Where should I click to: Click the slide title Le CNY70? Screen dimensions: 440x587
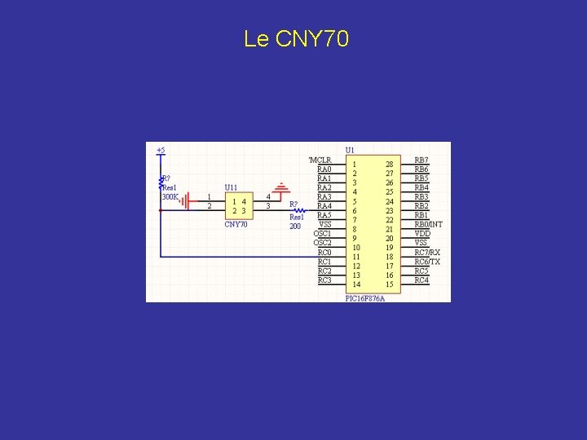(x=296, y=39)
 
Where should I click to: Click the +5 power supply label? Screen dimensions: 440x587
(x=161, y=150)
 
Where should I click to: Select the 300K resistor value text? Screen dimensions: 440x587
(x=170, y=197)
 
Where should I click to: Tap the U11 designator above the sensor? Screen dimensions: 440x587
(x=232, y=187)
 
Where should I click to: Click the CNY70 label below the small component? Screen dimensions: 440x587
(x=236, y=224)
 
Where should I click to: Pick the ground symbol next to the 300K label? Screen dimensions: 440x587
(x=188, y=200)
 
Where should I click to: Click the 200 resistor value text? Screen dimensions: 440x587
(x=295, y=226)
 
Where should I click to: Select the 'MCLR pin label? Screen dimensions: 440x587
(x=320, y=160)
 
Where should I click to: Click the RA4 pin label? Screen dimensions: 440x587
(x=324, y=206)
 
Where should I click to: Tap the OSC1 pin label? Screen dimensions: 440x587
(x=322, y=234)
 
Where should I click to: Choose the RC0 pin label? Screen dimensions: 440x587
(x=324, y=253)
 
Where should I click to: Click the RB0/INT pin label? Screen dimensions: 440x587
(x=428, y=224)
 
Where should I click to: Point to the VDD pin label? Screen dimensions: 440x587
(x=422, y=234)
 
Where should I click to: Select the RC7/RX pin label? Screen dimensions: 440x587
(x=427, y=253)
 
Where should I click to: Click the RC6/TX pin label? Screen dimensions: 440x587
(x=427, y=262)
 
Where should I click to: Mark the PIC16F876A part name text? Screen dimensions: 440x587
(x=364, y=298)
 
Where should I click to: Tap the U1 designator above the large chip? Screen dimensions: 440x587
(x=350, y=150)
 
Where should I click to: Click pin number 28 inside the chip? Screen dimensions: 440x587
(x=390, y=164)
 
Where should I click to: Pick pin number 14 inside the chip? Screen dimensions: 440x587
(x=356, y=284)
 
